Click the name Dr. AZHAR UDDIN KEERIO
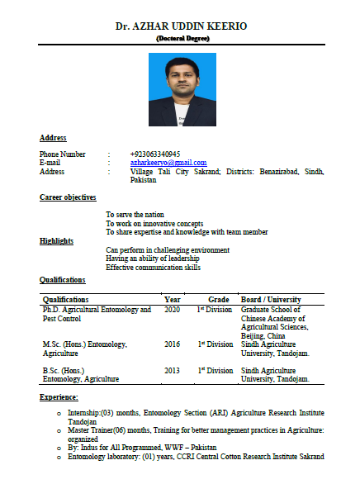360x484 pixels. coord(181,26)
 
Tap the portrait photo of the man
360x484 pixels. coord(182,90)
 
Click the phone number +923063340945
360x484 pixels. coord(155,154)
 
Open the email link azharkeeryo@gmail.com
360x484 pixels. coord(168,163)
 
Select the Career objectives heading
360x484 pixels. coord(68,197)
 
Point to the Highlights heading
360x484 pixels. coord(56,240)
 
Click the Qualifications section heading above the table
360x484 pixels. coord(62,280)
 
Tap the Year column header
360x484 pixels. coord(172,299)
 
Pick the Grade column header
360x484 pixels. coord(218,299)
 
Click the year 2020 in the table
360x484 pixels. coord(172,309)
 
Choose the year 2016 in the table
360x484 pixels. coord(172,344)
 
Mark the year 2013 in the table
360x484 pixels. coord(172,370)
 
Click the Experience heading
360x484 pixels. coord(59,398)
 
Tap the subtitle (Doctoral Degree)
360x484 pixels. coord(181,38)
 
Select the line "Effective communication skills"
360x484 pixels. coord(154,267)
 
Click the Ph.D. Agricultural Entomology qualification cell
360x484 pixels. coord(97,313)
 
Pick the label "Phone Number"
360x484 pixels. coord(63,154)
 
